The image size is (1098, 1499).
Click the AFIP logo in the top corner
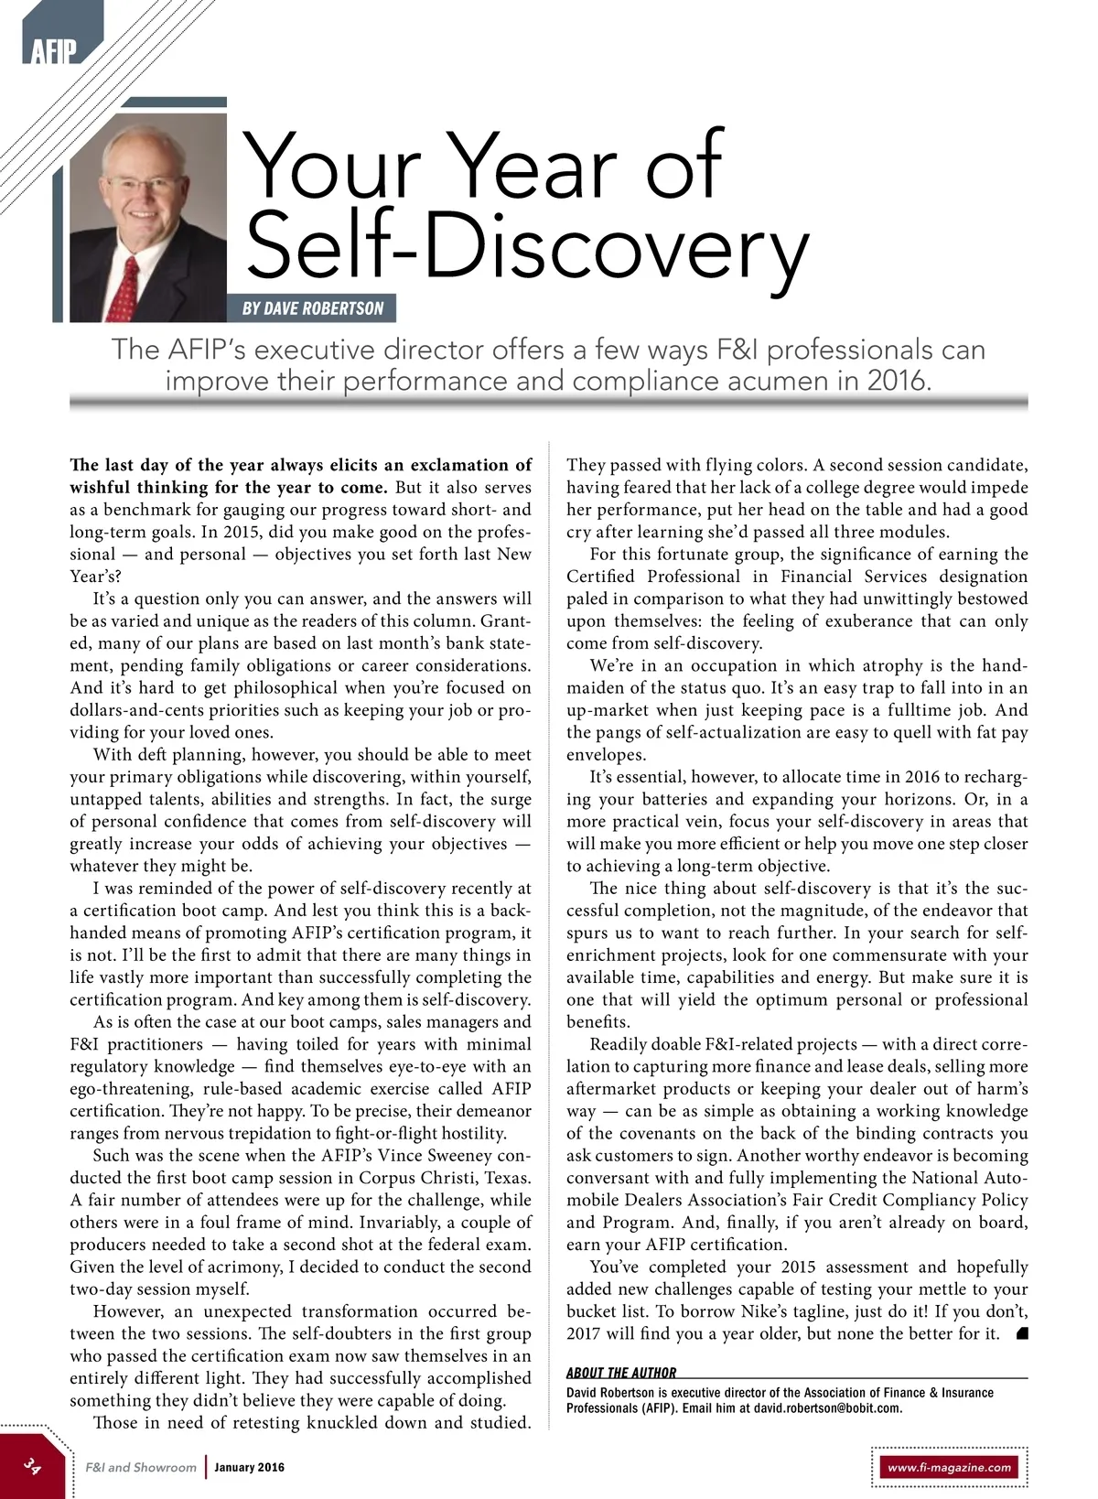[x=53, y=51]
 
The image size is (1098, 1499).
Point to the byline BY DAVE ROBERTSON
[x=313, y=308]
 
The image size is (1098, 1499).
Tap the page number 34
[x=33, y=1466]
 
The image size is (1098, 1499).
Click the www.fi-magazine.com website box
[x=949, y=1467]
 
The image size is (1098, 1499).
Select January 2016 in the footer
[x=249, y=1467]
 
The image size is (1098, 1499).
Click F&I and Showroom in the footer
[x=141, y=1467]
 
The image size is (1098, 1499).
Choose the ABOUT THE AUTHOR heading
[x=621, y=1373]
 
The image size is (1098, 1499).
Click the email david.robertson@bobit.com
[x=827, y=1407]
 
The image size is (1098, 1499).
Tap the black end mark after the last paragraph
[x=1022, y=1333]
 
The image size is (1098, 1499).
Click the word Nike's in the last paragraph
[x=764, y=1311]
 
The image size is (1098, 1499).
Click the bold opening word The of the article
[x=83, y=465]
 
